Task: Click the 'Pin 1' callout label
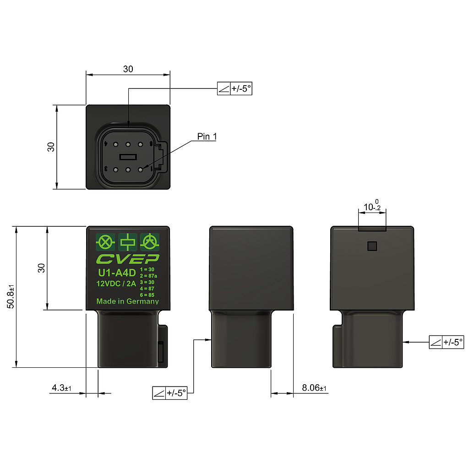point(207,136)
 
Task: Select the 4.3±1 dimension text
point(61,388)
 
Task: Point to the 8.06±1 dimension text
point(314,388)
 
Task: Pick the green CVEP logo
point(127,259)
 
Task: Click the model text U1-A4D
point(117,273)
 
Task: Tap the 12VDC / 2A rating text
point(116,284)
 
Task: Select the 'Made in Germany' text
point(127,301)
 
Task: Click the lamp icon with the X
point(105,241)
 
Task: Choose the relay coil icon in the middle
point(128,241)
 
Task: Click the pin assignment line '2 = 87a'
point(148,276)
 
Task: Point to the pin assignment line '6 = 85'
point(147,294)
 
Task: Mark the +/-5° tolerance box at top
point(234,89)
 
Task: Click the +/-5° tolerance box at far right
point(447,342)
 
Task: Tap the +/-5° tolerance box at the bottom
point(170,393)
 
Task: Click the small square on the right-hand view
point(372,246)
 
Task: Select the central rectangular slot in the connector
point(128,157)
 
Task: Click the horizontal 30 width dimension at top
point(128,69)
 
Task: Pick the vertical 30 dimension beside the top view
point(51,147)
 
